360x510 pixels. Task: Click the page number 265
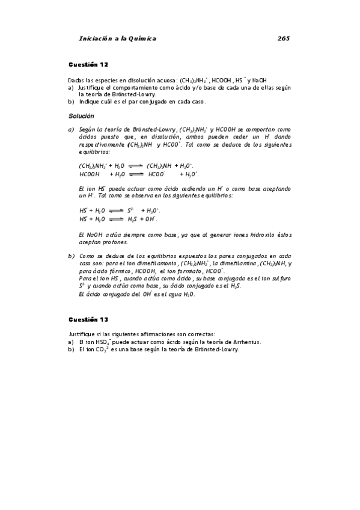tap(284, 38)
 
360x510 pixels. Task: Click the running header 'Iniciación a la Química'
tap(117, 38)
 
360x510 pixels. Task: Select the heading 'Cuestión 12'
tap(88, 64)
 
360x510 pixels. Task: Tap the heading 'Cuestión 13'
tap(88, 319)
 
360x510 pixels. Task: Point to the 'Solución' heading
tap(81, 115)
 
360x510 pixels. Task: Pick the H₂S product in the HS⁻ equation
tap(133, 219)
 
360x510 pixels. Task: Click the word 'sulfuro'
tap(281, 279)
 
